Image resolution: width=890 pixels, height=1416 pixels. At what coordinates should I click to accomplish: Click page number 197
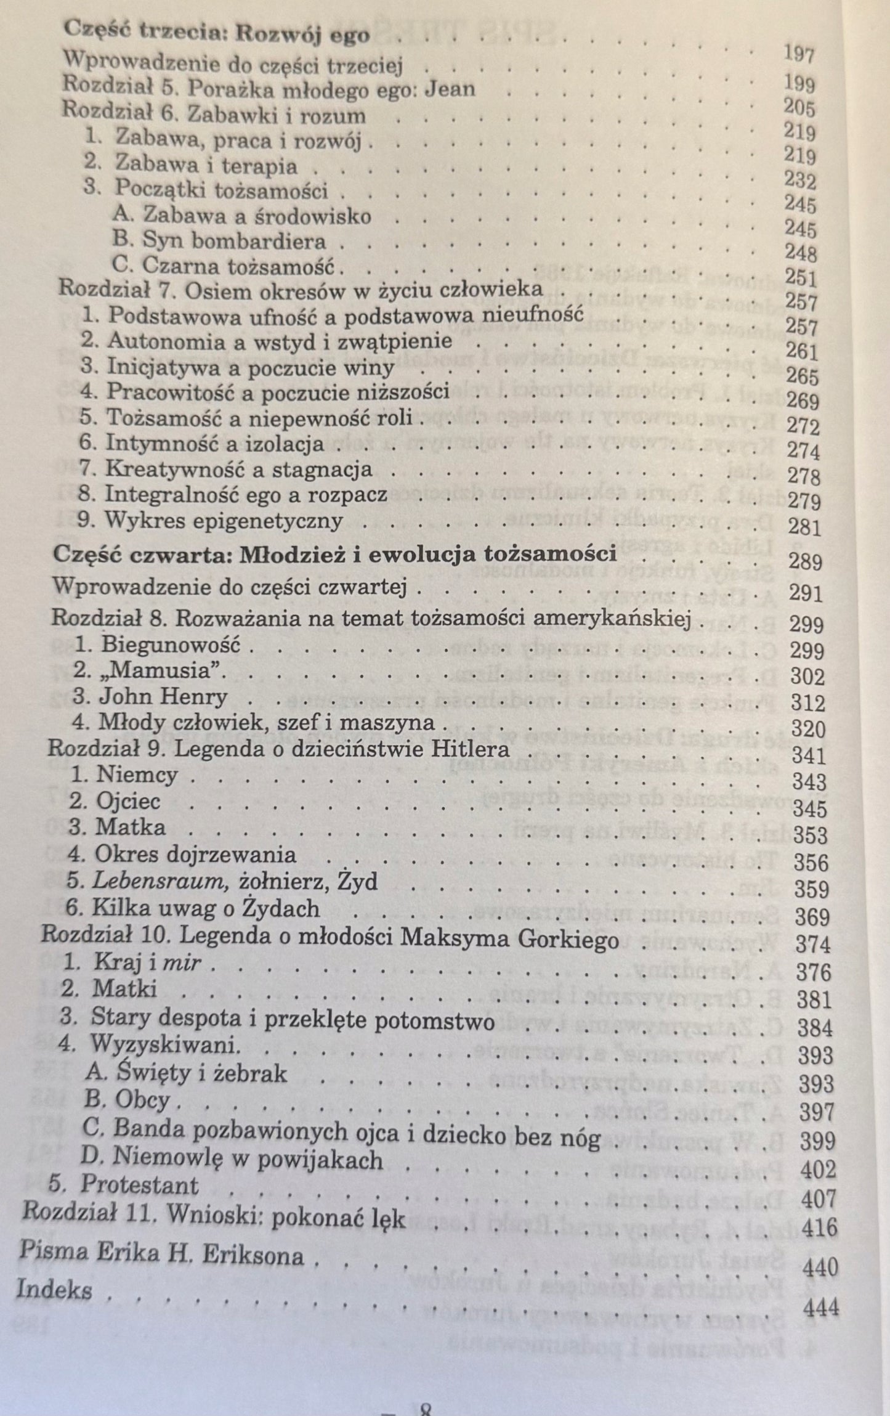tap(799, 55)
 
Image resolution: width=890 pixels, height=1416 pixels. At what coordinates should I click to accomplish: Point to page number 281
tap(804, 527)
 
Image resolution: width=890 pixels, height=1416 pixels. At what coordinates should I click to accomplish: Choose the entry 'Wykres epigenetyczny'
tap(223, 521)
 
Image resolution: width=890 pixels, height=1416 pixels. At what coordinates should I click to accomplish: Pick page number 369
tap(812, 917)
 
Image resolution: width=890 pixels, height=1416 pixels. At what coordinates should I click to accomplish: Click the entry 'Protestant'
tap(139, 1185)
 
